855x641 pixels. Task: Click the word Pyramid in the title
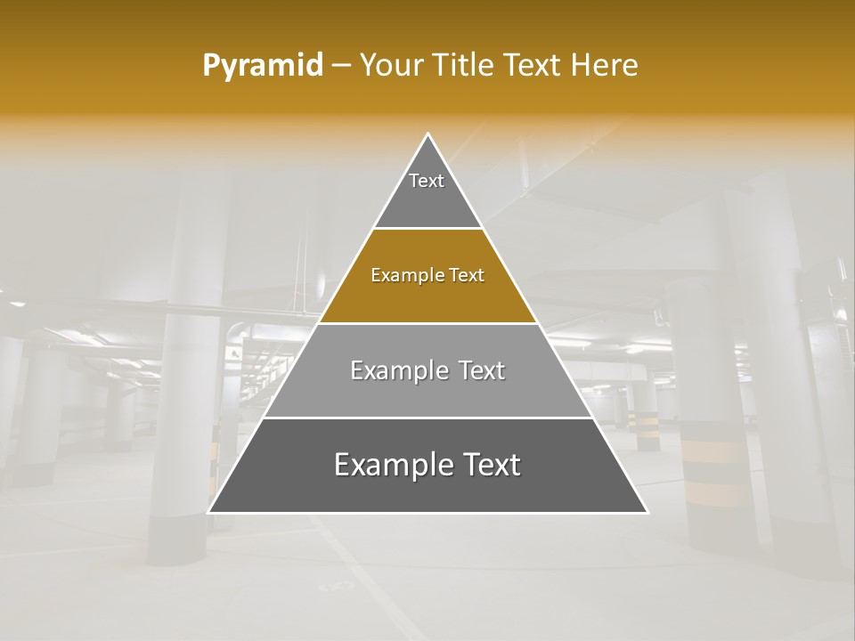[262, 66]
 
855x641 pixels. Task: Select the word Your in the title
[393, 66]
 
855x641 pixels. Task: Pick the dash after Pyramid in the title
[341, 66]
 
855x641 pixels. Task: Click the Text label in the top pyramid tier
[427, 181]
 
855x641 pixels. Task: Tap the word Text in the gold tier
[467, 276]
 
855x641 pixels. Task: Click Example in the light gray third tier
[396, 370]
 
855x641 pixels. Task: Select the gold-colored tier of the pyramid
[427, 298]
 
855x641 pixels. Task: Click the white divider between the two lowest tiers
[427, 418]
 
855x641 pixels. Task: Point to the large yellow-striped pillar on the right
[717, 445]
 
